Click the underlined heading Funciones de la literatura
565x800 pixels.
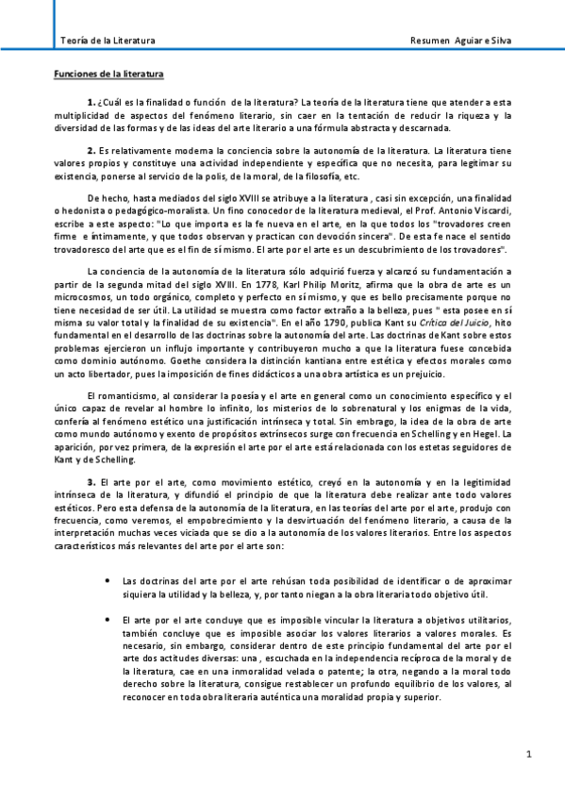tap(108, 73)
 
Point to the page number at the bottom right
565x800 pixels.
tap(530, 754)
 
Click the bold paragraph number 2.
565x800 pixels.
tap(91, 149)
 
